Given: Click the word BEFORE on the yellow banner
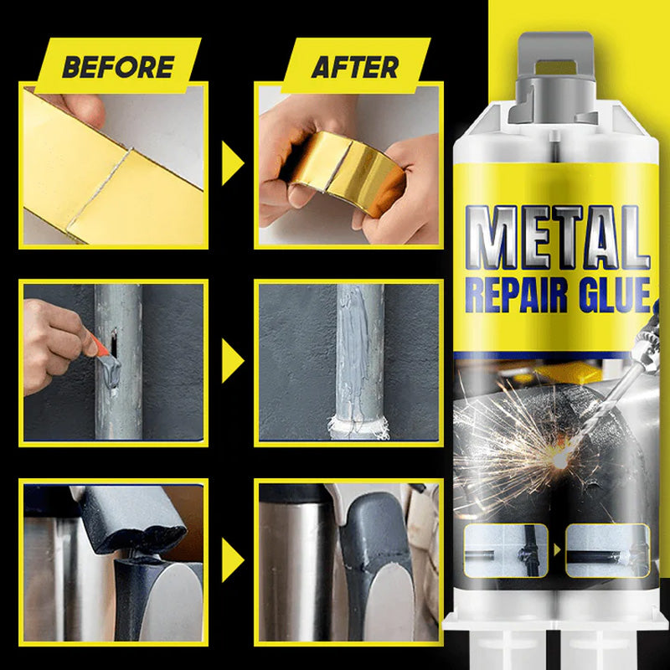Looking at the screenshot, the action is pyautogui.click(x=118, y=67).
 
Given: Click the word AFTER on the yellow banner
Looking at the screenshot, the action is pyautogui.click(x=355, y=67).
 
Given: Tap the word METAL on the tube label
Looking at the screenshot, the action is pyautogui.click(x=558, y=238).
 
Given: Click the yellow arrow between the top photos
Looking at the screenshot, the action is pyautogui.click(x=232, y=163).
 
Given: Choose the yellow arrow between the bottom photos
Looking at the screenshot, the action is pyautogui.click(x=232, y=560).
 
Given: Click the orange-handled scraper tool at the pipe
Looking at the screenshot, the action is pyautogui.click(x=104, y=356).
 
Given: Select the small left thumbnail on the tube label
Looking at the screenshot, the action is pyautogui.click(x=506, y=550).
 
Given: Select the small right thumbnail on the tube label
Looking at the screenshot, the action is pyautogui.click(x=608, y=550).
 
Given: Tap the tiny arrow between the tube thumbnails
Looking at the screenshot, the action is pyautogui.click(x=557, y=550).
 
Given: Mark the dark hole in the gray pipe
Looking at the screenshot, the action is pyautogui.click(x=114, y=343).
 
